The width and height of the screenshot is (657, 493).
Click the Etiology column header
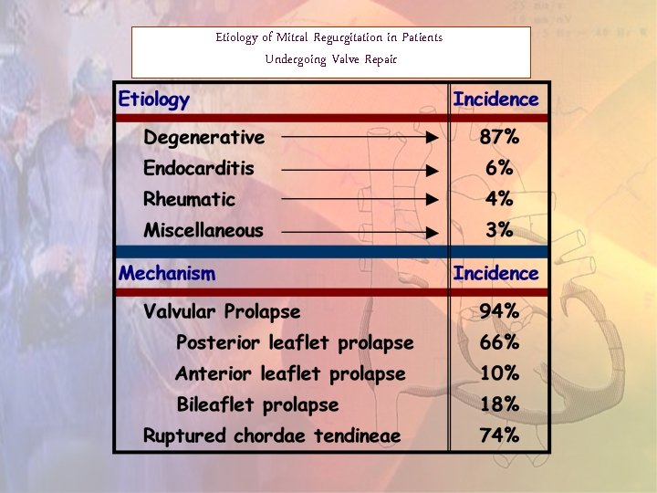pos(153,100)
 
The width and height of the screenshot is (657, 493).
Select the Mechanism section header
pos(167,273)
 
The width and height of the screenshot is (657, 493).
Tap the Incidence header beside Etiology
pos(495,100)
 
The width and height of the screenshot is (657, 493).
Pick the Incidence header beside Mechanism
pos(495,273)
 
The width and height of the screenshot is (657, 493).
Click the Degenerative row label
pos(203,138)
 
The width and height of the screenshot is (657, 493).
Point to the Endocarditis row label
pos(198,169)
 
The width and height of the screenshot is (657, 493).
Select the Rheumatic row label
pos(189,200)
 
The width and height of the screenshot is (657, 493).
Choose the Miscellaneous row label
pos(203,231)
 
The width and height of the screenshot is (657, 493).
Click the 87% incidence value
pos(499,138)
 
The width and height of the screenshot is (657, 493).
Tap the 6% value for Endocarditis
pos(499,169)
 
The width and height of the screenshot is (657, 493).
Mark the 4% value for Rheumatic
pos(499,200)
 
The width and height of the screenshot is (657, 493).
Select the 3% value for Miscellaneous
pos(499,231)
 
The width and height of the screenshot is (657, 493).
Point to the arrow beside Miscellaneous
pos(360,232)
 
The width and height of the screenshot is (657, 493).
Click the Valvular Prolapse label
pos(222,312)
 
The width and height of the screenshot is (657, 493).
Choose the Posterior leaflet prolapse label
pos(294,343)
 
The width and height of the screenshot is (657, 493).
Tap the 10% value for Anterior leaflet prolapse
pos(499,374)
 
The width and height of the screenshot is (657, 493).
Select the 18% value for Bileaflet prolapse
pos(499,404)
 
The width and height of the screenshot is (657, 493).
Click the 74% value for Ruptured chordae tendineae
pos(499,435)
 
